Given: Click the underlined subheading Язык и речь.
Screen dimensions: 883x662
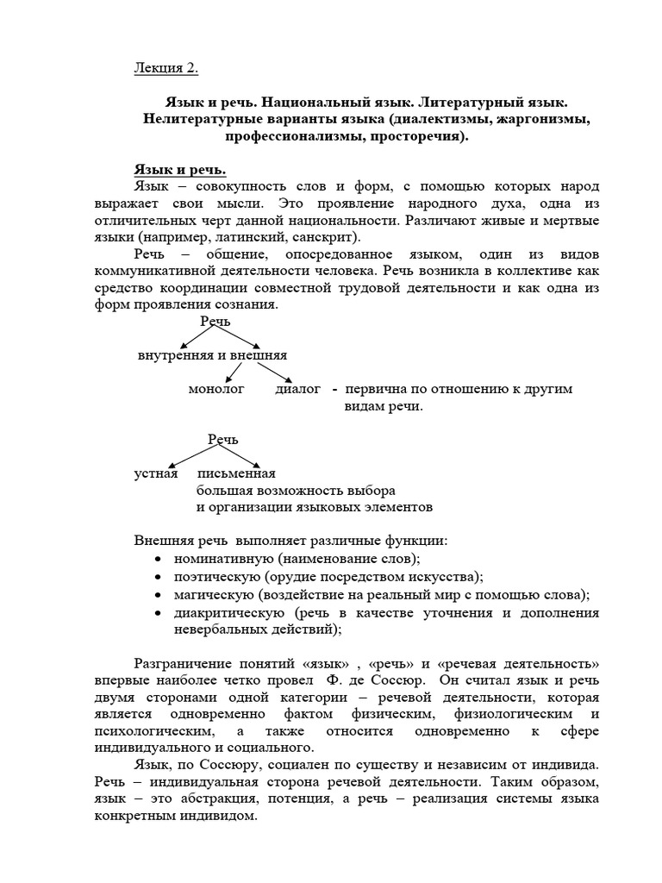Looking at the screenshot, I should tap(179, 170).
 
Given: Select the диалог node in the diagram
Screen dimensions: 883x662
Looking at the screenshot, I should tap(297, 389).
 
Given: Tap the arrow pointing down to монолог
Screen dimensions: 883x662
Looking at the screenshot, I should tap(230, 372).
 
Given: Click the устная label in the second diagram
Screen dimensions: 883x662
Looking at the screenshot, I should tap(156, 473).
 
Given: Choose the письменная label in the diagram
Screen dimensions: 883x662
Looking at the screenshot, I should tap(236, 473).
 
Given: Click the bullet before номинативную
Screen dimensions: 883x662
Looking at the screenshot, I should tap(157, 560).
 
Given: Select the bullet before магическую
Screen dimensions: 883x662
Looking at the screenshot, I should tap(157, 596).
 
